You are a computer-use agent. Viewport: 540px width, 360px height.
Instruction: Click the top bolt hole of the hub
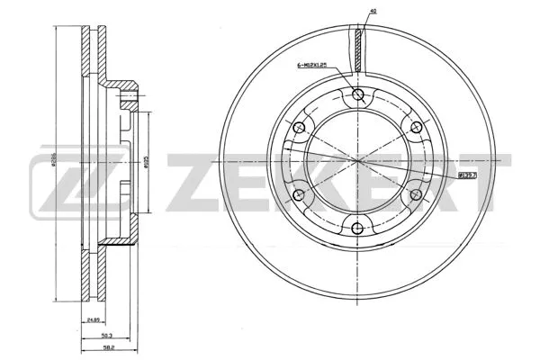point(359,96)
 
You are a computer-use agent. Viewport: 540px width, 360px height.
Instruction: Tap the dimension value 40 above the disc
point(372,12)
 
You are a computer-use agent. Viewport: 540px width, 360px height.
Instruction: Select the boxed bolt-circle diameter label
point(468,176)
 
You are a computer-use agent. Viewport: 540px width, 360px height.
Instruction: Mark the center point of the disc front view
point(359,162)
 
